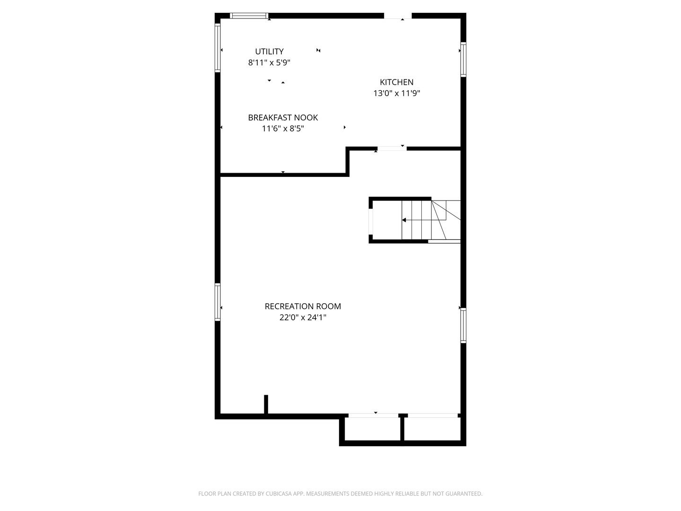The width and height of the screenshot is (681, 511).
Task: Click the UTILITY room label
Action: [269, 52]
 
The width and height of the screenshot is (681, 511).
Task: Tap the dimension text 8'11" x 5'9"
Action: [269, 62]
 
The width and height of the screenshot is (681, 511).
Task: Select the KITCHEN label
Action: [396, 82]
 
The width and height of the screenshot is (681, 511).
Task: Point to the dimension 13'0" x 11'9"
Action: [396, 93]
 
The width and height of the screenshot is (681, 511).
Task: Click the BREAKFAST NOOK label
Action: [283, 117]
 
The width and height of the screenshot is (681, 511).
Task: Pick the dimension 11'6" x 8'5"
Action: [283, 128]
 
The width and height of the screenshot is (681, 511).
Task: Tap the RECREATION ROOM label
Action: [303, 306]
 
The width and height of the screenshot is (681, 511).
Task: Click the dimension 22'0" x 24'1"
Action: [303, 317]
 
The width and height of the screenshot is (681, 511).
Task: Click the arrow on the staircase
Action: [405, 220]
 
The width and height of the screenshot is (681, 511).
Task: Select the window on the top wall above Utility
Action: [249, 16]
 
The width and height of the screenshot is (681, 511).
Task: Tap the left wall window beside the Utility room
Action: [218, 47]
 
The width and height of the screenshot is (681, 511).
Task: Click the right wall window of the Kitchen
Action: [463, 59]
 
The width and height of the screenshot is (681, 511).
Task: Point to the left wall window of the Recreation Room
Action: [218, 302]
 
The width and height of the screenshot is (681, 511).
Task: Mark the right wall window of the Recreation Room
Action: [463, 325]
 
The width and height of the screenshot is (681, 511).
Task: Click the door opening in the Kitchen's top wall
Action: [397, 16]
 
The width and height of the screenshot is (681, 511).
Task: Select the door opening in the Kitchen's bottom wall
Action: [392, 149]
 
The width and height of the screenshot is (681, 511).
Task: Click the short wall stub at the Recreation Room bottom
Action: [266, 405]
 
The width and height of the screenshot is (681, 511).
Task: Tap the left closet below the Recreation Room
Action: [372, 430]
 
